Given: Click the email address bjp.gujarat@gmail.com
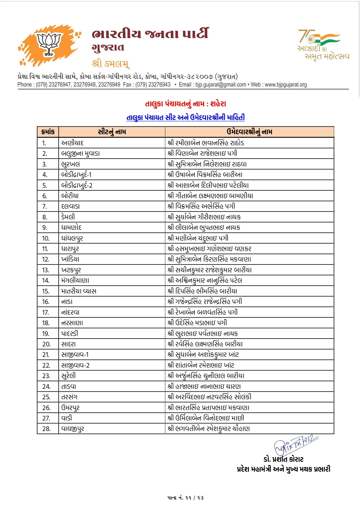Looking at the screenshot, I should [x=221, y=85].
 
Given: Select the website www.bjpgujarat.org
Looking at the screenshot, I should [x=286, y=85].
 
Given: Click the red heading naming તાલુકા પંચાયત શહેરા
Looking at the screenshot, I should [x=186, y=104].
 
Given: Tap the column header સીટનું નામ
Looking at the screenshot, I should [x=112, y=132].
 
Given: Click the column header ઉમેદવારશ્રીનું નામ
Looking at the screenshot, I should [x=249, y=132].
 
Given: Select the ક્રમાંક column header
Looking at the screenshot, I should [x=48, y=132].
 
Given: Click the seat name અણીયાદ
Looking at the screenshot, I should [x=73, y=143].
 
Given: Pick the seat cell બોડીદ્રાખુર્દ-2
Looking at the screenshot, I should [x=77, y=185].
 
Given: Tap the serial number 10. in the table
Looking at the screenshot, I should [x=46, y=238].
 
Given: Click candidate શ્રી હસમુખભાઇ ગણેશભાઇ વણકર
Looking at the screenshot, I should [x=209, y=249].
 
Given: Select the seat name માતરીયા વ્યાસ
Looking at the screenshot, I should [x=79, y=291].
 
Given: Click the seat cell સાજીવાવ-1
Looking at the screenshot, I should [x=75, y=355].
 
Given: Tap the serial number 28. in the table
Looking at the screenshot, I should [x=46, y=429].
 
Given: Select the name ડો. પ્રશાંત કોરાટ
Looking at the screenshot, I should [x=283, y=459].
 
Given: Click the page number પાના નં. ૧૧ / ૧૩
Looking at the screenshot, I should [x=186, y=498].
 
